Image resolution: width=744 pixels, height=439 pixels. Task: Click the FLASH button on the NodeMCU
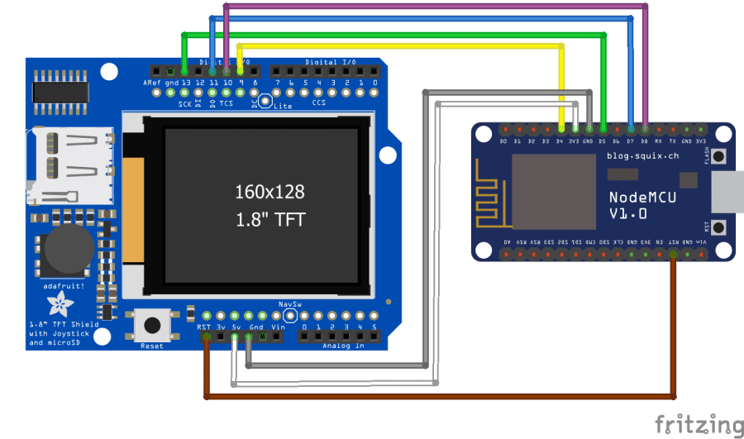coord(718,156)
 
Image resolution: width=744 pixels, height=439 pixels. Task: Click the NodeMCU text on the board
coord(634,197)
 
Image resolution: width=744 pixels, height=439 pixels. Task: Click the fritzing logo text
coord(698,424)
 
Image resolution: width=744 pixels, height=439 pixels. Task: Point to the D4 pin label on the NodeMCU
coord(560,141)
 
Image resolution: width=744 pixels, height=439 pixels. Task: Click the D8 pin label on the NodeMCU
coord(645,141)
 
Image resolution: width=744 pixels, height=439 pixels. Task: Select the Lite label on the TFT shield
coord(283,107)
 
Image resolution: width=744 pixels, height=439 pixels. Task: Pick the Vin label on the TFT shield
coord(277,327)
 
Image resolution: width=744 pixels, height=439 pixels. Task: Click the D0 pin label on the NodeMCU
coord(503,141)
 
